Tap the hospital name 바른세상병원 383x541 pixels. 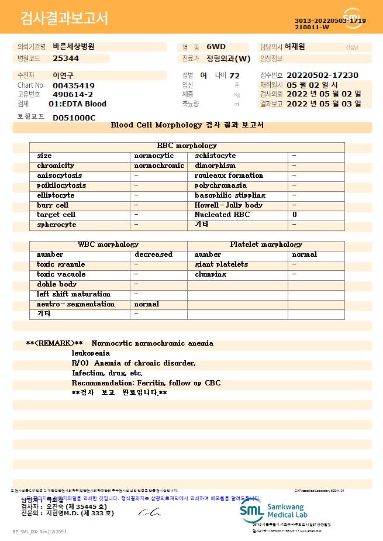(74, 46)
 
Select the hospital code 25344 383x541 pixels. (65, 58)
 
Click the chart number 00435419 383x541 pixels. (74, 85)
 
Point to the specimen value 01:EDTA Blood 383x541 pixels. (78, 104)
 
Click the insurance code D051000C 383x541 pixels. (74, 118)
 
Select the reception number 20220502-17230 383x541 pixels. (323, 75)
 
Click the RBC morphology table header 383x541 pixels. (187, 146)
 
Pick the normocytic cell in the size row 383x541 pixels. (154, 156)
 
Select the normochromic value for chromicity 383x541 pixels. (159, 166)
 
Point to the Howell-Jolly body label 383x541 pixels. (229, 205)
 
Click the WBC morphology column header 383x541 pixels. (108, 244)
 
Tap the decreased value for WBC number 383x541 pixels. (153, 254)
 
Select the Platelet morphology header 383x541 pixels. (266, 244)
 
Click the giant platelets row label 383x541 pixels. (221, 264)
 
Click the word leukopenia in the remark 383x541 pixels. (91, 353)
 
